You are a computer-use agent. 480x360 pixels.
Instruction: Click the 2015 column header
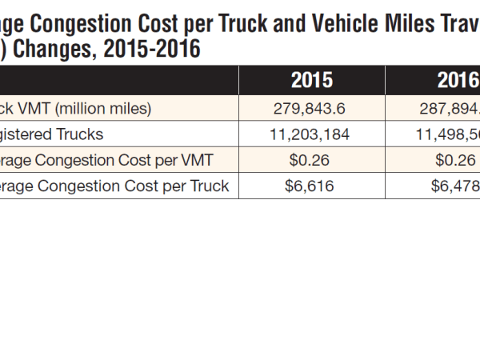click(311, 81)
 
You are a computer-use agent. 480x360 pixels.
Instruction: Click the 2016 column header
click(458, 81)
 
